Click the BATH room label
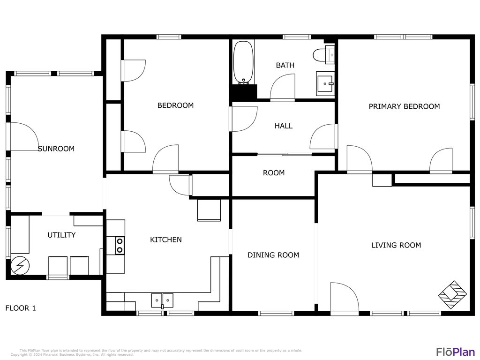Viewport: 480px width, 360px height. click(x=285, y=66)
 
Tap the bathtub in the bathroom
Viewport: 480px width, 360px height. click(x=243, y=62)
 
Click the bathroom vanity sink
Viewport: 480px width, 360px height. click(x=325, y=83)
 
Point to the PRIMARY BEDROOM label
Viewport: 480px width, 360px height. click(x=404, y=106)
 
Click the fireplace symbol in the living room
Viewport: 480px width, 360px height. click(x=452, y=295)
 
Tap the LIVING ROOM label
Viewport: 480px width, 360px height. click(x=396, y=245)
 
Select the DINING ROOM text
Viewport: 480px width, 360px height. click(x=273, y=255)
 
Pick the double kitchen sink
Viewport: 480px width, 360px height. click(x=162, y=300)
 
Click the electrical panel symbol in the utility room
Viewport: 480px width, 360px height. click(x=20, y=266)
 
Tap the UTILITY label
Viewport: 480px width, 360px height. click(x=61, y=235)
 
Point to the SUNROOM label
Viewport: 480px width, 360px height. click(x=56, y=149)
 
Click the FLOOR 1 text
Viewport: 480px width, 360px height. click(x=21, y=308)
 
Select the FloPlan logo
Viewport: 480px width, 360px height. click(x=455, y=352)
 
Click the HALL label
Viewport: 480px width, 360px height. click(x=284, y=126)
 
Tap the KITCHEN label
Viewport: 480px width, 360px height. click(x=166, y=240)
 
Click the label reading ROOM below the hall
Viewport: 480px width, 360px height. click(x=274, y=173)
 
